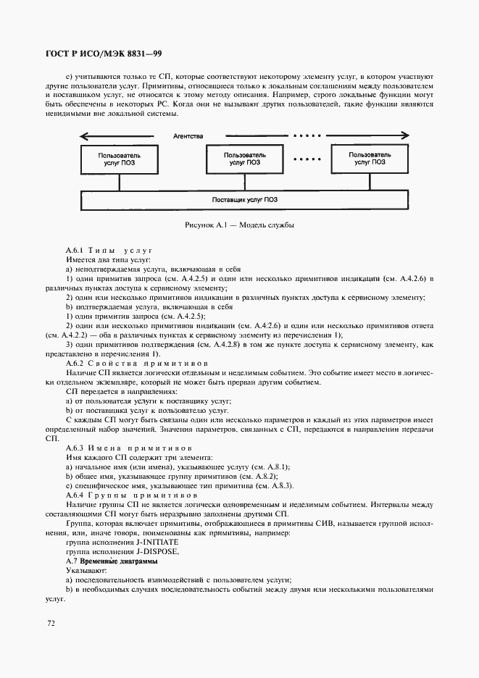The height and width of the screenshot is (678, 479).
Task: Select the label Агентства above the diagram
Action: tap(188, 136)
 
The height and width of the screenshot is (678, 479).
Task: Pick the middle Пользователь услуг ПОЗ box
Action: tap(244, 159)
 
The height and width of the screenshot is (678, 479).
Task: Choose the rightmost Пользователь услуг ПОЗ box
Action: tap(368, 159)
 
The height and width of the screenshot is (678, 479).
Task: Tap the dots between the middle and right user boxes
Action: tap(306, 159)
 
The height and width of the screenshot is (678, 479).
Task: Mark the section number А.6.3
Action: tap(76, 448)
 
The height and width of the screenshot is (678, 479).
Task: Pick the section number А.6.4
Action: tap(76, 495)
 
